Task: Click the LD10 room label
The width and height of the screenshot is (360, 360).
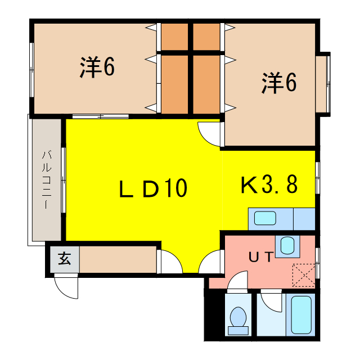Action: (152, 189)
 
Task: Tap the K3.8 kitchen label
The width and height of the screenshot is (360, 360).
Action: (269, 184)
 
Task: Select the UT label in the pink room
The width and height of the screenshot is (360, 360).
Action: (262, 258)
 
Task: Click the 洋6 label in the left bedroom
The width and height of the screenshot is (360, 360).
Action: (97, 67)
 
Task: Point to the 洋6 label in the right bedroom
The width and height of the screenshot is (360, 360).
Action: (278, 83)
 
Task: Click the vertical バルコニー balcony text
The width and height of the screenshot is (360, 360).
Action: (48, 179)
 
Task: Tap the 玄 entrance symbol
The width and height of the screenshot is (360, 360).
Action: (64, 259)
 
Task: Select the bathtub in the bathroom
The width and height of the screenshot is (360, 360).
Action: (301, 314)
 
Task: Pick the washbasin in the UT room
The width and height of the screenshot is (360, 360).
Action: (287, 245)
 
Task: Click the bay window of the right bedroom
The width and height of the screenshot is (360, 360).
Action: (323, 83)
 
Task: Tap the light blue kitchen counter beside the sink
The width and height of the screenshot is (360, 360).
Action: (303, 218)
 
